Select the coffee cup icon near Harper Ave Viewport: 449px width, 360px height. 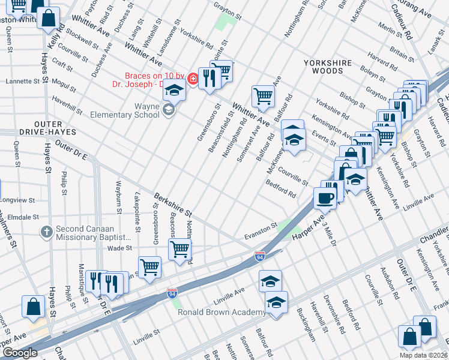pyautogui.click(x=325, y=198)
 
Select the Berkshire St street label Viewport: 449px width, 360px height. pyautogui.click(x=172, y=205)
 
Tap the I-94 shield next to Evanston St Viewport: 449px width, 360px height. pyautogui.click(x=260, y=256)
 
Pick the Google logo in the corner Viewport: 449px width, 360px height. pyautogui.click(x=19, y=353)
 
